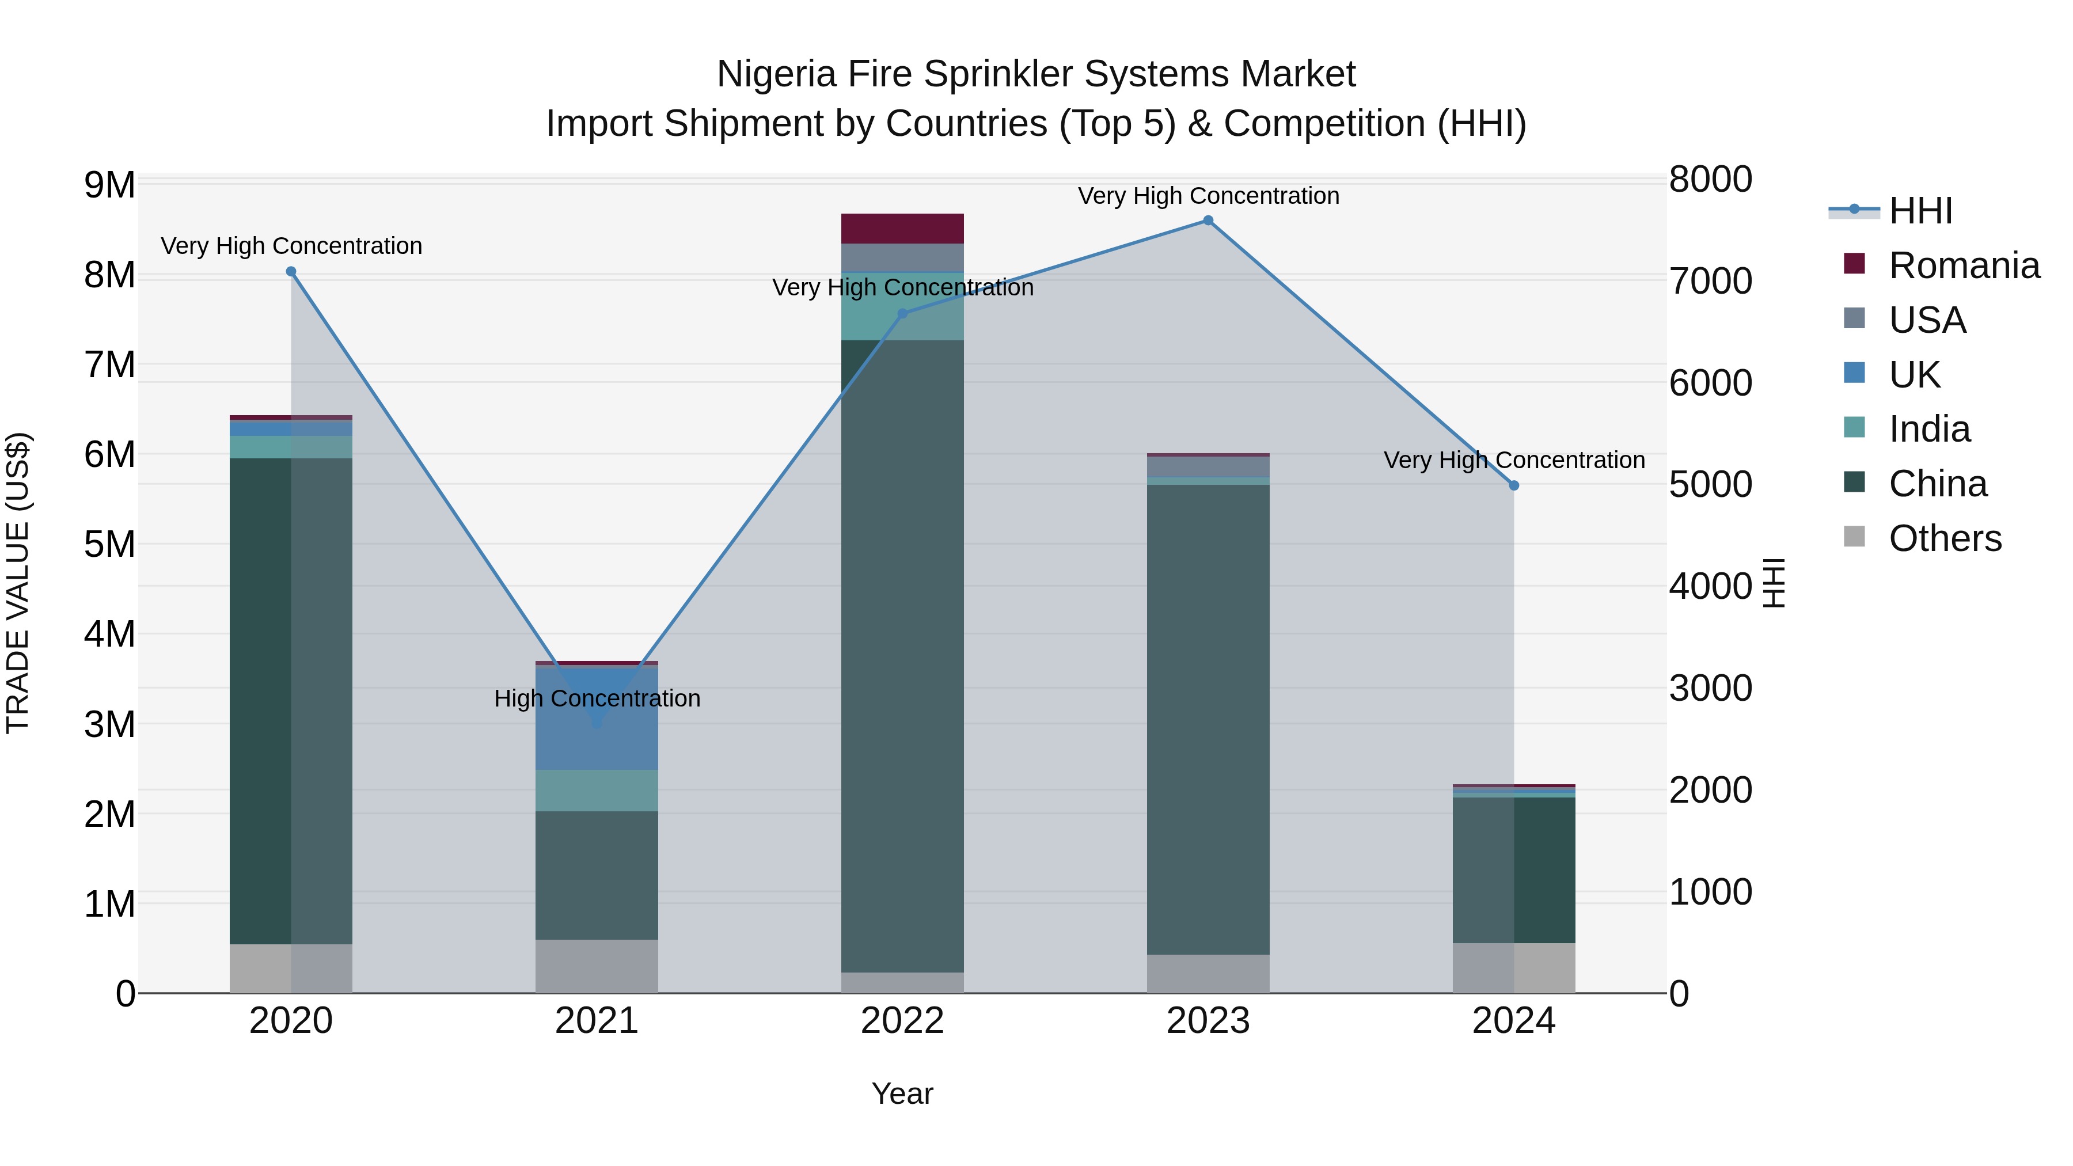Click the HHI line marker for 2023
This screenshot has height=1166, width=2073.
click(1208, 221)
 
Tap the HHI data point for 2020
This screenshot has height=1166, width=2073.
click(291, 272)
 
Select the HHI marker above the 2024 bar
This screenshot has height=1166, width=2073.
click(1514, 485)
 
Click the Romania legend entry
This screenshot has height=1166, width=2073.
click(1964, 265)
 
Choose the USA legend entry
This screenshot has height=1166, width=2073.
click(1927, 320)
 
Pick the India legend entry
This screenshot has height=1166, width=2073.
click(1929, 429)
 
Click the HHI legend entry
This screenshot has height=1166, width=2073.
click(1920, 211)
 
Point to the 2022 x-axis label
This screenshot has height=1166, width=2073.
click(902, 1021)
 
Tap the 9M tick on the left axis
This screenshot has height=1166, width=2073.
click(110, 185)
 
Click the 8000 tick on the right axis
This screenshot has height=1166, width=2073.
click(1710, 180)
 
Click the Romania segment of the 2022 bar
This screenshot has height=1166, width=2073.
click(902, 229)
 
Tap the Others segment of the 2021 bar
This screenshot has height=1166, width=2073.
click(597, 966)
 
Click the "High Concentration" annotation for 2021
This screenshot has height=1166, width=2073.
click(597, 698)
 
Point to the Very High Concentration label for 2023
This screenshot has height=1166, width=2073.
click(1208, 196)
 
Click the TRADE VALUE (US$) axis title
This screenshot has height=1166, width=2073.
click(18, 583)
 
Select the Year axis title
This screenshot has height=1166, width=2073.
click(902, 1093)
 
